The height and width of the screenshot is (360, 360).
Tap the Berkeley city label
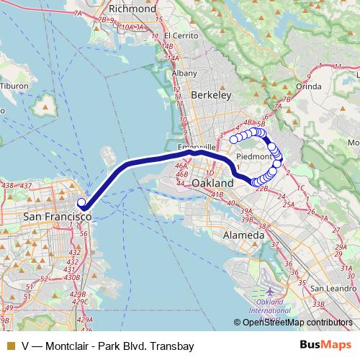pyautogui.click(x=211, y=94)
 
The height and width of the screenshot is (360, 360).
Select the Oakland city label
pyautogui.click(x=213, y=184)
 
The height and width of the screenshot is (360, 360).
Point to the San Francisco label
pyautogui.click(x=58, y=216)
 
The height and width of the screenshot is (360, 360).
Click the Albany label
pyautogui.click(x=185, y=73)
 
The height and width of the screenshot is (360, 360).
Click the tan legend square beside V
pyautogui.click(x=10, y=346)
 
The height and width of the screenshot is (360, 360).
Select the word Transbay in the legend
pyautogui.click(x=173, y=346)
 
